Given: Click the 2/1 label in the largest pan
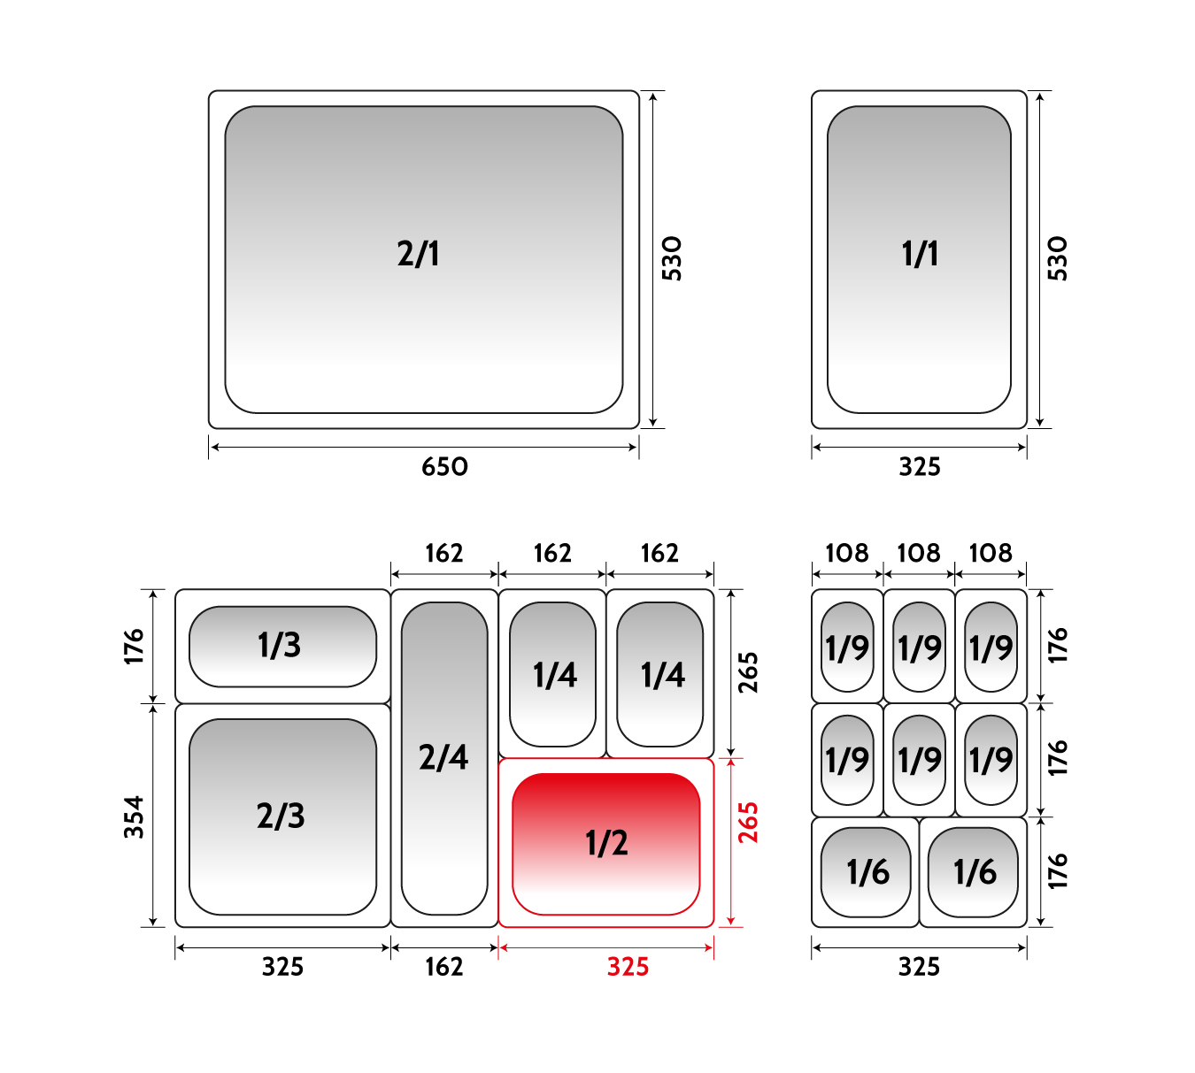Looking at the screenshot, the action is (x=418, y=254).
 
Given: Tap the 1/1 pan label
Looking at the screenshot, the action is (x=920, y=254).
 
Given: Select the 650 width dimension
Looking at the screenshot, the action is (x=444, y=467).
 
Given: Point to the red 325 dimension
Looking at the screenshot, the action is (x=628, y=967).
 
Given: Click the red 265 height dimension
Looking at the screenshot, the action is (x=748, y=823).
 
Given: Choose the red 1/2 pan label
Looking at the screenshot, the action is (x=606, y=843).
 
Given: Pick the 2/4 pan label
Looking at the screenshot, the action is (x=443, y=757).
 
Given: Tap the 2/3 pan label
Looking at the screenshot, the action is (x=281, y=816).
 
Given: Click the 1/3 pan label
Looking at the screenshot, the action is (x=280, y=645).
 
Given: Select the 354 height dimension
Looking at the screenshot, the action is (x=134, y=817).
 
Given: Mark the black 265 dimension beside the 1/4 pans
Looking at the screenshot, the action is (x=748, y=672).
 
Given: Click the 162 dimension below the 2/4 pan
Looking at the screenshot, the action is (x=444, y=967).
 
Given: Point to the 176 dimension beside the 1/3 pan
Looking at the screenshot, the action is (x=134, y=647).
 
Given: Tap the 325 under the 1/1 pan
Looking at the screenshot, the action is (x=920, y=467).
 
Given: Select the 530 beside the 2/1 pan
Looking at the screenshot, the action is (x=671, y=259).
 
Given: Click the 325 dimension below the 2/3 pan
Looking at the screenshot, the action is (x=282, y=967).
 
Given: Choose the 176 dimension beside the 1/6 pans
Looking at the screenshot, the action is (x=1058, y=871).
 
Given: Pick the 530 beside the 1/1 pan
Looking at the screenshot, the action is (x=1057, y=259).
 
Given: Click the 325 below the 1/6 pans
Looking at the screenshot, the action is (x=919, y=967).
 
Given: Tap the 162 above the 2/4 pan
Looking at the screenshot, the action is (x=444, y=553).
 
